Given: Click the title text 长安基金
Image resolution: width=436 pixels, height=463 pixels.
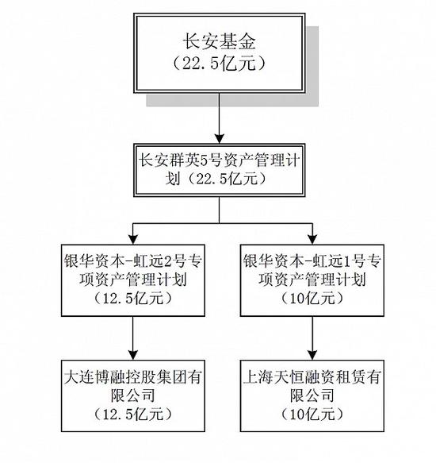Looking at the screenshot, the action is click(219, 41).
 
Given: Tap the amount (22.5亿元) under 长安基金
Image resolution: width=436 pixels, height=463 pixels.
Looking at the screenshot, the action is click(219, 63).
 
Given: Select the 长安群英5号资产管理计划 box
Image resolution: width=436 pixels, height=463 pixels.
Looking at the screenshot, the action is click(220, 171).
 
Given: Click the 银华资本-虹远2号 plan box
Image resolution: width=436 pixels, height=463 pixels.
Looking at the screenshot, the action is click(133, 280).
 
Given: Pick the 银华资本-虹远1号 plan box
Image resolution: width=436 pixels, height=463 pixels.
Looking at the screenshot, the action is click(312, 280).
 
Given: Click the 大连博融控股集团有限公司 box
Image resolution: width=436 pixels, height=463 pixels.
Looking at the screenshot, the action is click(133, 395).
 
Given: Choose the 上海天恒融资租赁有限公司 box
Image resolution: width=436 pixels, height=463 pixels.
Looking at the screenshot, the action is click(312, 395).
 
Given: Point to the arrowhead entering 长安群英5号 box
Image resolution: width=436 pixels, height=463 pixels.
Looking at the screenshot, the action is click(220, 139).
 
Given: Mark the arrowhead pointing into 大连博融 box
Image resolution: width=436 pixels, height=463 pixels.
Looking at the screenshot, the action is click(133, 355).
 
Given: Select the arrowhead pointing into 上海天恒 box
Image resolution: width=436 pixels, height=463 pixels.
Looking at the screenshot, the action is click(312, 355).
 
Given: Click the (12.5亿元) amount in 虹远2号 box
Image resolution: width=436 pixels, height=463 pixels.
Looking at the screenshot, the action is click(133, 299).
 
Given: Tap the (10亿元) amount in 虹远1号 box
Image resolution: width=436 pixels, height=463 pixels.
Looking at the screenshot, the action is click(312, 299).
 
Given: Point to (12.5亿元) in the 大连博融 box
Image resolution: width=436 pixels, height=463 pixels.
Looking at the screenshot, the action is click(133, 415).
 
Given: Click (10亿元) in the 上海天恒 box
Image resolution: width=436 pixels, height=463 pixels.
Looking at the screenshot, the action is click(312, 415).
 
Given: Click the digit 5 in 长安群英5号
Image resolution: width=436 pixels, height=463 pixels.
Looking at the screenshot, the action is click(205, 161).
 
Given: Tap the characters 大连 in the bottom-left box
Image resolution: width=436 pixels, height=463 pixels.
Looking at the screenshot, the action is click(79, 377).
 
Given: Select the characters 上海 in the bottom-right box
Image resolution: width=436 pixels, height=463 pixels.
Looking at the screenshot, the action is click(258, 377).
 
